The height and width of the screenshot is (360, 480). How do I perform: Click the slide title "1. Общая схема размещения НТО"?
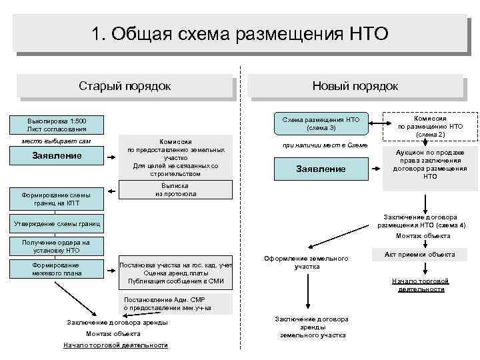[240, 33]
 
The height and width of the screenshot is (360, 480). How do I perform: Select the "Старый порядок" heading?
[125, 86]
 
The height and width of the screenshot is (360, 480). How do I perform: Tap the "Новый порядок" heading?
[355, 86]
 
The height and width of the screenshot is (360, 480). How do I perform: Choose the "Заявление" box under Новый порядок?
[321, 169]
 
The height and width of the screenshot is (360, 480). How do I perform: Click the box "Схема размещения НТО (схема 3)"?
[321, 123]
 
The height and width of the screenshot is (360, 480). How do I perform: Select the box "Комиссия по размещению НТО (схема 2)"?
[430, 126]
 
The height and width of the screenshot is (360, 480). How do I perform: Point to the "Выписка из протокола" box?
[175, 189]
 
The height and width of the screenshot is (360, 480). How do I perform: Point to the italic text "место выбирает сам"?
[56, 141]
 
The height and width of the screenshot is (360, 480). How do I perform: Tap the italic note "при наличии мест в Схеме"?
[321, 145]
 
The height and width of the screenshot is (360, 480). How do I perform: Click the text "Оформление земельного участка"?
[306, 262]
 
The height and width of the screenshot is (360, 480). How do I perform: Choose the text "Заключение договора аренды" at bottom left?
[117, 323]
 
